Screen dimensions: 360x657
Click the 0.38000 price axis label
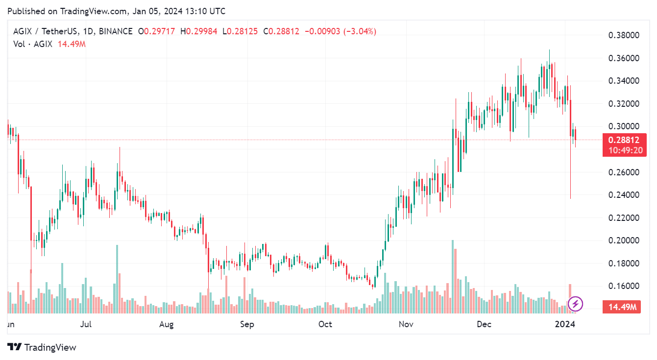click(x=623, y=35)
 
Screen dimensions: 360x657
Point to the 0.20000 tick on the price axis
click(x=623, y=240)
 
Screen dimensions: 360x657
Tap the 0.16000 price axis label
click(x=623, y=286)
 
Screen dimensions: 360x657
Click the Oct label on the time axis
click(x=325, y=324)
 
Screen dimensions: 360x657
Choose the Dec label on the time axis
click(x=484, y=324)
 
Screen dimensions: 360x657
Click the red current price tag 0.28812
click(x=624, y=140)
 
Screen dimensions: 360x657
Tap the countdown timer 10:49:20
click(x=624, y=150)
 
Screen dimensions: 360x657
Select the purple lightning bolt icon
click(x=575, y=304)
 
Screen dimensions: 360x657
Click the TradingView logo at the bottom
click(x=43, y=347)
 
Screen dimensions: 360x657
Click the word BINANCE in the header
click(x=116, y=31)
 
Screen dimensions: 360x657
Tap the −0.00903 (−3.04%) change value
click(x=341, y=31)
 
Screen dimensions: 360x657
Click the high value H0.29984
click(x=199, y=31)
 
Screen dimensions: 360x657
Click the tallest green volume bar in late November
click(x=452, y=276)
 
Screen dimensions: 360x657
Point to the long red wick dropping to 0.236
click(x=571, y=176)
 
